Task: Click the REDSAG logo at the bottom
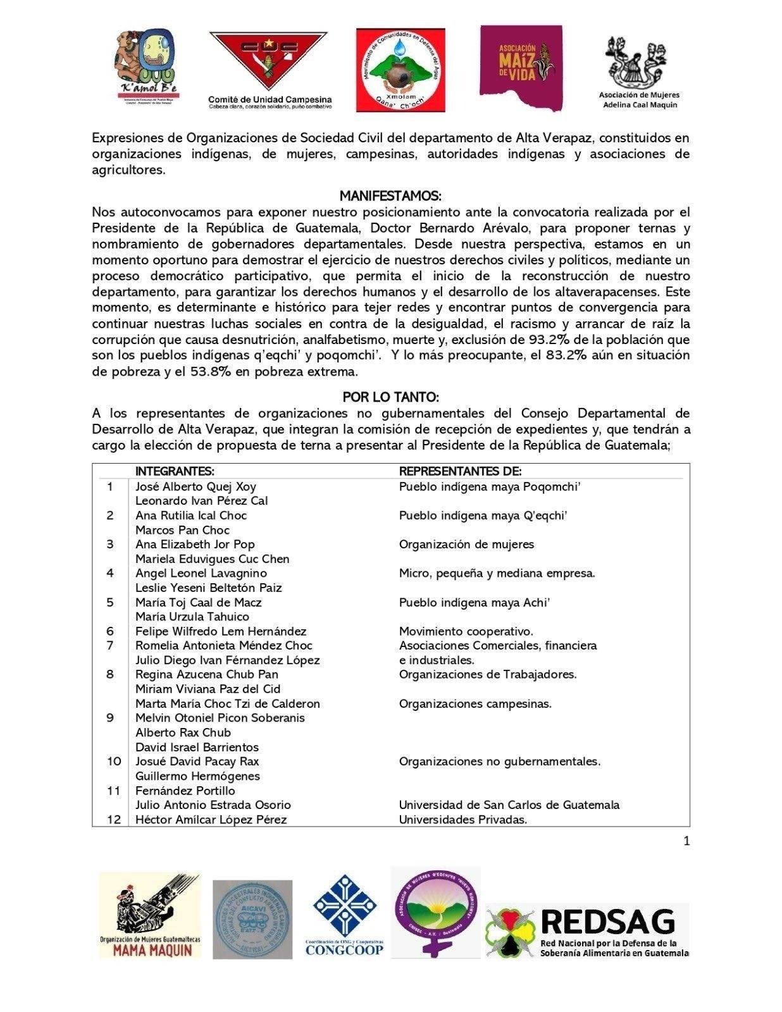(x=587, y=930)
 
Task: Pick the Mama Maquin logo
(x=150, y=915)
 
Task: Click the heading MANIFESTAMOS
(x=390, y=195)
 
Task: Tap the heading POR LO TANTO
(x=390, y=397)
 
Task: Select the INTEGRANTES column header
(x=175, y=471)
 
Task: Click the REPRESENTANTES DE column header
(x=460, y=471)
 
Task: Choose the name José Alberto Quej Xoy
(x=195, y=486)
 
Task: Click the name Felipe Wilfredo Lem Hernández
(x=221, y=631)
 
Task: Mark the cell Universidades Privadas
(x=462, y=820)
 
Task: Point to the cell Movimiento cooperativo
(x=466, y=631)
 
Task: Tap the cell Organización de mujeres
(x=466, y=545)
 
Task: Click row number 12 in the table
(x=113, y=820)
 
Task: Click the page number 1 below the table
(x=686, y=841)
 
